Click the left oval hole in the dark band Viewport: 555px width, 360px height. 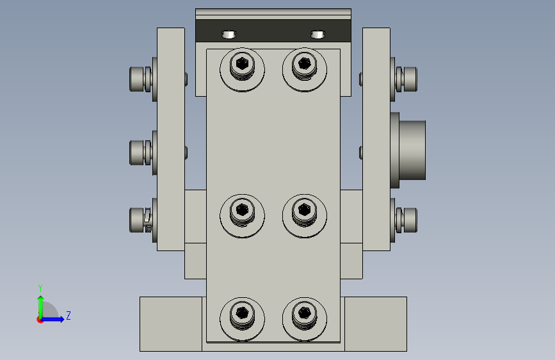[x=229, y=35]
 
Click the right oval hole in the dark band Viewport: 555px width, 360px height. [x=318, y=35]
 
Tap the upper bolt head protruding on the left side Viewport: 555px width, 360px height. [x=136, y=79]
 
